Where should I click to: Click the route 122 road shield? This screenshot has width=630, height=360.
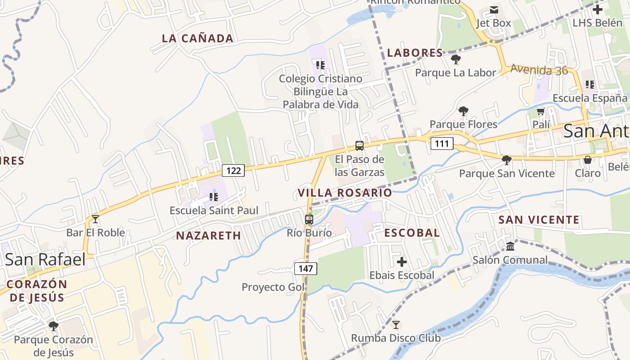pos(233,171)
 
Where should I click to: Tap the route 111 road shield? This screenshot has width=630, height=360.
pos(442,144)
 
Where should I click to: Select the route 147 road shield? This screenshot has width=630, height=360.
pos(306,269)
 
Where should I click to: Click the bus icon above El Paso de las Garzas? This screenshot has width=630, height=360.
pos(359,146)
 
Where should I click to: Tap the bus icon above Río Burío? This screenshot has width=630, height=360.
pos(309,220)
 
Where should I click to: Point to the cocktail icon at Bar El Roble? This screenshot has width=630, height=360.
pos(95,219)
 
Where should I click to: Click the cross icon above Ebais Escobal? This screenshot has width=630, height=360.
pos(402,261)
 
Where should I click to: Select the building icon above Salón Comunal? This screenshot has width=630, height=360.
pos(510,247)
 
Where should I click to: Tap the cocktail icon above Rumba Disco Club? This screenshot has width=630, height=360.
pos(396,324)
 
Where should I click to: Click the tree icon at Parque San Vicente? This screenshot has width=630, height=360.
pos(507,160)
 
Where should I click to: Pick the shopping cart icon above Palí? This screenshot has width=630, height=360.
pos(541,111)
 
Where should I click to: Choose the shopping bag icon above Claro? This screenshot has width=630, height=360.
pos(588,160)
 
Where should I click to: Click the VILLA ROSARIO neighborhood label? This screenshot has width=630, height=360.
pos(345,193)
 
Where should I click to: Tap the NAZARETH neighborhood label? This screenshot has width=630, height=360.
pos(208,235)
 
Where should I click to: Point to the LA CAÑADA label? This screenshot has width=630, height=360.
pos(198,39)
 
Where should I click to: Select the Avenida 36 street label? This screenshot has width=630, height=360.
pos(539,70)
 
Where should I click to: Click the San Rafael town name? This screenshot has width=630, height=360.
pos(45,259)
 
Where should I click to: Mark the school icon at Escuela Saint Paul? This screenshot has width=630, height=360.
pos(214,197)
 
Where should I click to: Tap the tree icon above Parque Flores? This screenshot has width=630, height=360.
pos(463,111)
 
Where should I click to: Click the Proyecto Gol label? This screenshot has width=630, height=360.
pos(273,287)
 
